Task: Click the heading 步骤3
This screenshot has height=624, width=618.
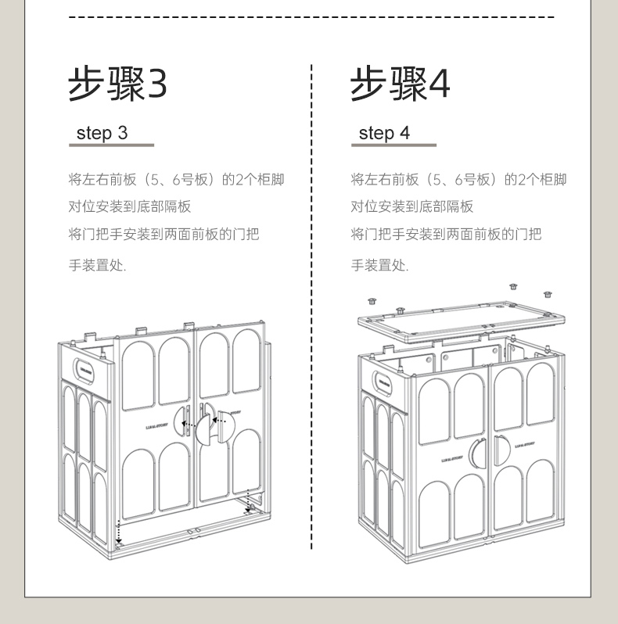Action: point(117,84)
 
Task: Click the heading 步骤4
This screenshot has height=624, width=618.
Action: point(400,84)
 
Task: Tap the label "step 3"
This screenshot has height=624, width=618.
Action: point(102,133)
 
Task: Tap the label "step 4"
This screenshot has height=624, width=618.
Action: point(384,133)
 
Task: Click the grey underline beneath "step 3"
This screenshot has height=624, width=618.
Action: point(111,145)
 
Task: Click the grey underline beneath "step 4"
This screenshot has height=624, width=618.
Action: point(393,145)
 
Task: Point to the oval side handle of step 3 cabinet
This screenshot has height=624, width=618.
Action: point(85,368)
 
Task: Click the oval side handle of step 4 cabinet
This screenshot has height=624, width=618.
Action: point(383,384)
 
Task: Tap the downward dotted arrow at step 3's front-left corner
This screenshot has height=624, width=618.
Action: point(118,532)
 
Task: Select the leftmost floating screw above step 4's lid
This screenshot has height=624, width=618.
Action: point(372,299)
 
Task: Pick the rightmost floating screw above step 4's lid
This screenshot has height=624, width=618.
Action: point(548,294)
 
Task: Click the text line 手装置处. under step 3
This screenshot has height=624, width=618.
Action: point(97,265)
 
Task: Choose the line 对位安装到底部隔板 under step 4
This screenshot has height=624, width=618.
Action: point(411,207)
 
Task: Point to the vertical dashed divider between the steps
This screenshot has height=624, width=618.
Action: point(312,313)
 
